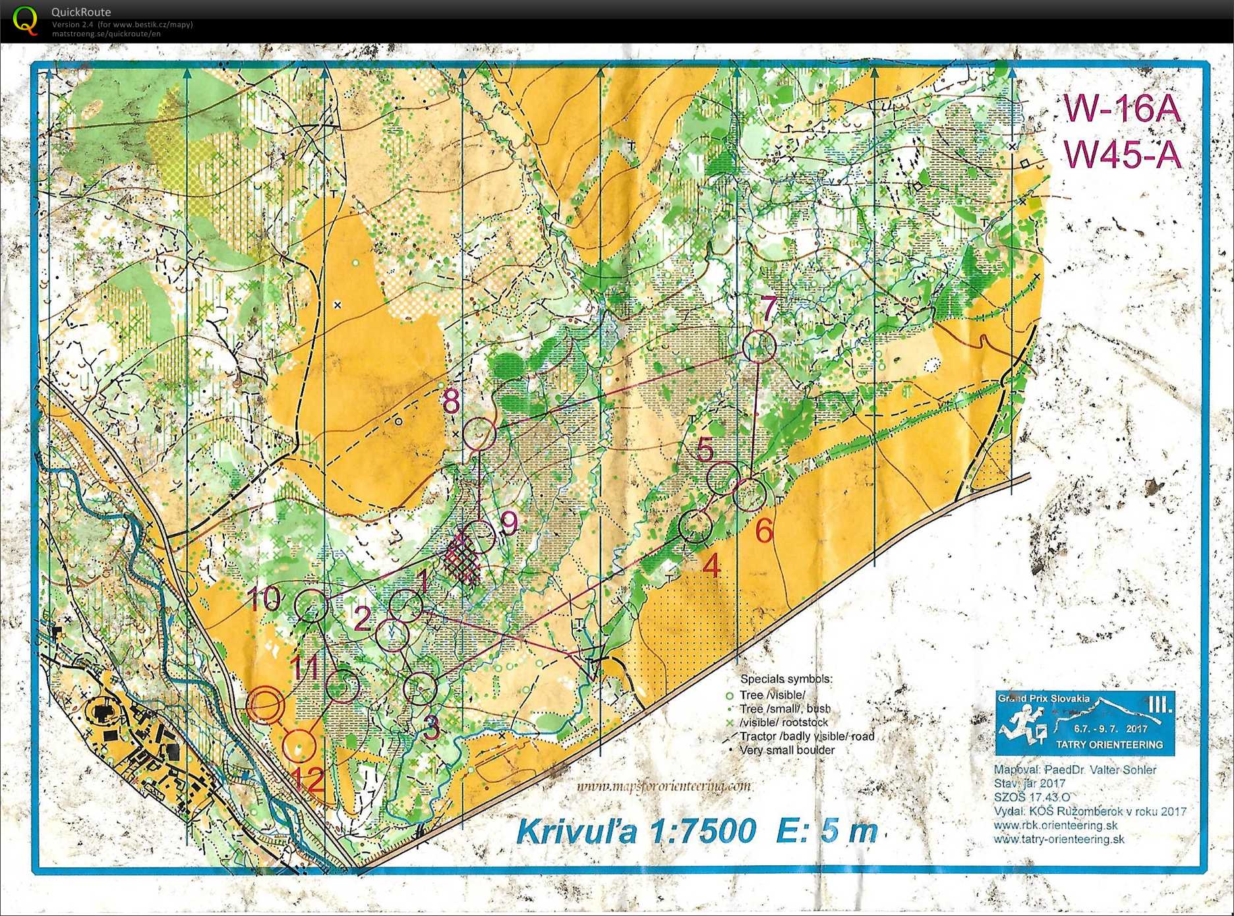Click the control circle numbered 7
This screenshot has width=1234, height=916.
(759, 345)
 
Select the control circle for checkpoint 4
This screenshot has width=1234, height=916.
(695, 527)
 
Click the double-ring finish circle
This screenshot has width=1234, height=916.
(266, 704)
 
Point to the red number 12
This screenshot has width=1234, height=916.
(307, 780)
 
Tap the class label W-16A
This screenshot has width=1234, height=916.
(1121, 109)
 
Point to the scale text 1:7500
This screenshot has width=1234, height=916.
(703, 830)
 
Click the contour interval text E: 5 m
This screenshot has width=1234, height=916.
(828, 830)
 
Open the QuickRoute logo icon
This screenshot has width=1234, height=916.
(25, 20)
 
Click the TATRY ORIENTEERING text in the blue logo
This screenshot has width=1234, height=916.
(1109, 744)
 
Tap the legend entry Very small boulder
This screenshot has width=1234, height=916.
(786, 750)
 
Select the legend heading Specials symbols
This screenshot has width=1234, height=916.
(786, 679)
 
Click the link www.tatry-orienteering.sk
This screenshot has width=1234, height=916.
(1059, 839)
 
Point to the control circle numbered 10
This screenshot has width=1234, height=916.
(311, 606)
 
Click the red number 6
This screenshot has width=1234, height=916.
(763, 530)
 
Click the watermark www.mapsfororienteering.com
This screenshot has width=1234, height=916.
(663, 786)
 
